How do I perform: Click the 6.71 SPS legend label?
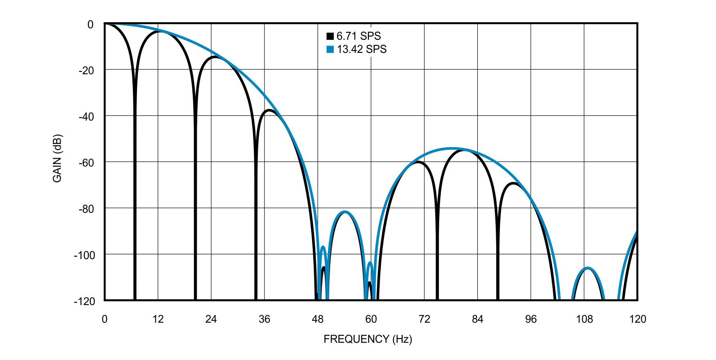coord(359,36)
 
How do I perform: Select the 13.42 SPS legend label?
coord(362,49)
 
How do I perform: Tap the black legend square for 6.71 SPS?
coord(330,36)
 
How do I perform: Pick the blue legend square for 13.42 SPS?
coord(330,50)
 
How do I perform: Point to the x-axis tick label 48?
coord(317,319)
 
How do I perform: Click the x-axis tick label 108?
coord(584,319)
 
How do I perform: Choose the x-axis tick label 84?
coord(477,319)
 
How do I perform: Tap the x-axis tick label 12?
coord(158,319)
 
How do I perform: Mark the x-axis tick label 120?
coord(637,319)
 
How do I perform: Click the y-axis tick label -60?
coord(86,163)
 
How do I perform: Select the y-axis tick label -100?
coord(84,255)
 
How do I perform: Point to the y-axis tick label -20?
coord(86,71)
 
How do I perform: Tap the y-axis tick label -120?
coord(84,301)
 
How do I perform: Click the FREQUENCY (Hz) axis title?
coord(367,339)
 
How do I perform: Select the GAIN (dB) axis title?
coord(57,158)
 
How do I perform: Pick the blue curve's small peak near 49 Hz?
coord(323,246)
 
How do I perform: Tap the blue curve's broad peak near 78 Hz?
coord(452,148)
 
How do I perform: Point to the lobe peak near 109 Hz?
coord(588,268)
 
